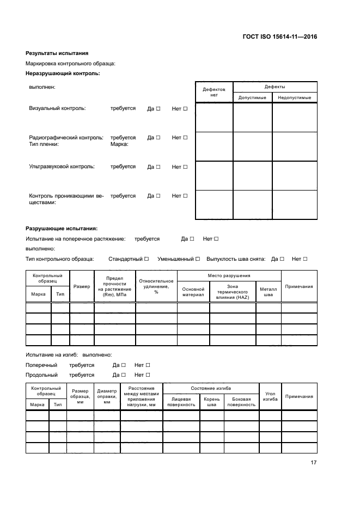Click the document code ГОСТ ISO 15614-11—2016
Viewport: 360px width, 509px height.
279,37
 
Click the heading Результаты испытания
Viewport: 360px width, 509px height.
57,53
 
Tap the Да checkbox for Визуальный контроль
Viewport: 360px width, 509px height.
158,109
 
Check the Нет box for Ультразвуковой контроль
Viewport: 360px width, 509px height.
185,167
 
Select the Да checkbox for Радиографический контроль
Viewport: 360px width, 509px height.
158,138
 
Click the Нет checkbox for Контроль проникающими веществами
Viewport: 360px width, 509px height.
185,195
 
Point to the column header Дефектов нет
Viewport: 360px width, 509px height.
213,91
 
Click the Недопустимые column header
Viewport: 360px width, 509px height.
294,97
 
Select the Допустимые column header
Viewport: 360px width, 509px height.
252,97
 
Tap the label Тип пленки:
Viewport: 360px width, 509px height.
44,145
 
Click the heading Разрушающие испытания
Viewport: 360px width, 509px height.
61,229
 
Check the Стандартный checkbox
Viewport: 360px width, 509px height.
147,259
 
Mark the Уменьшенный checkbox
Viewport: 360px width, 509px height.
198,259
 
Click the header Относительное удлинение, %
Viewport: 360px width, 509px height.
156,286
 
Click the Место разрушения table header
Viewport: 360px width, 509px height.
229,276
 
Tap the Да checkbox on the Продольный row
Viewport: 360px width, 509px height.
124,375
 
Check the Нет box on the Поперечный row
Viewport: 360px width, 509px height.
148,365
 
